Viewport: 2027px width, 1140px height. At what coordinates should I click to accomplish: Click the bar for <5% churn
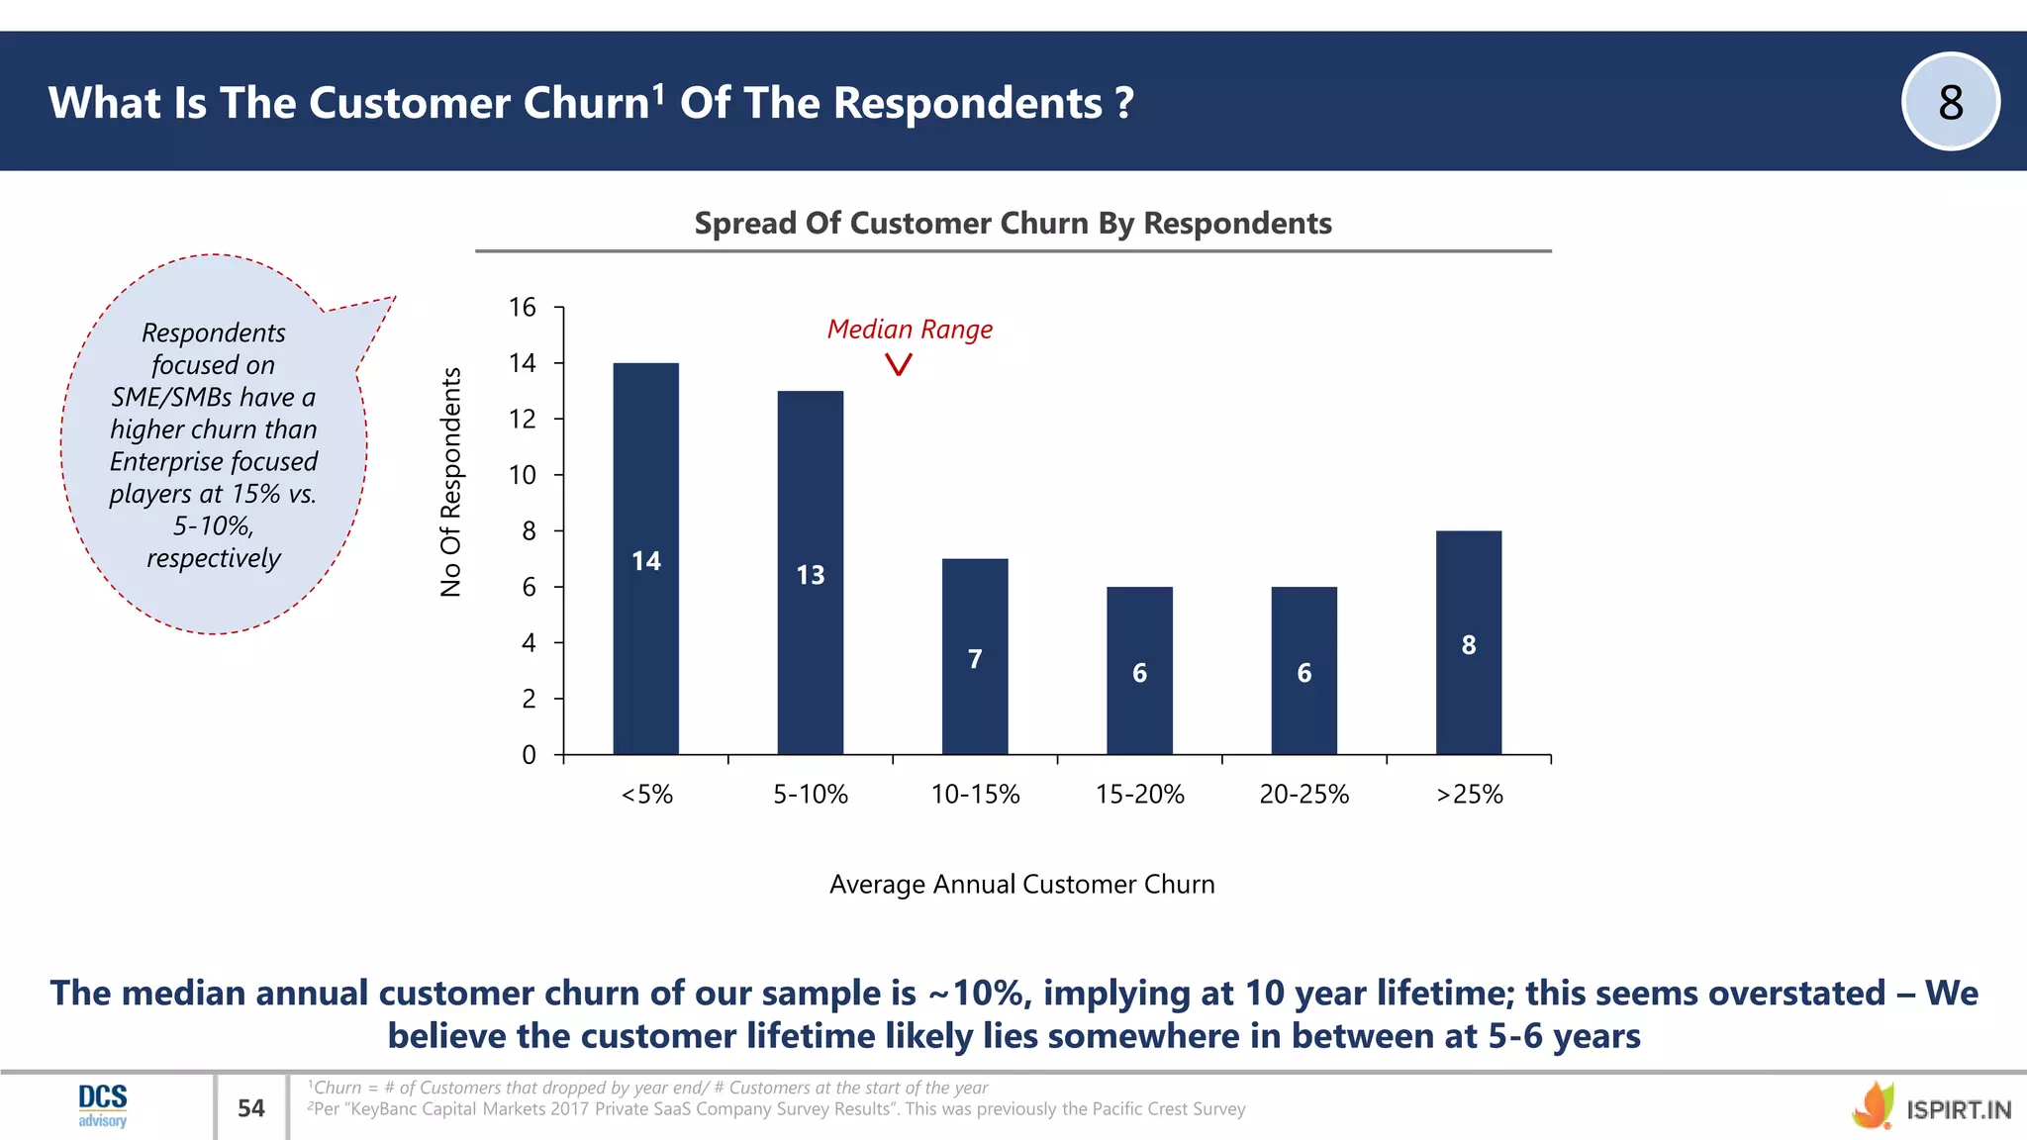coord(645,559)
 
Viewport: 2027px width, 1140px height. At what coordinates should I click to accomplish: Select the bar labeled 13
coord(810,573)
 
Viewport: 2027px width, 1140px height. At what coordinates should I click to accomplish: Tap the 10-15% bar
coord(974,657)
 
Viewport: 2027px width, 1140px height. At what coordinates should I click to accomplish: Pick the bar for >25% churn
coord(1468,643)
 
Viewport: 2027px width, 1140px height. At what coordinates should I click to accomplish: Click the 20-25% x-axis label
coord(1303,795)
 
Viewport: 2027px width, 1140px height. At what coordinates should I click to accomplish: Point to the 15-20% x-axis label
coord(1139,795)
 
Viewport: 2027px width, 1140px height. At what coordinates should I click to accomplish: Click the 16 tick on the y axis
coord(523,308)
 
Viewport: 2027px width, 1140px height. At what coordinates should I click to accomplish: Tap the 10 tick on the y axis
coord(523,475)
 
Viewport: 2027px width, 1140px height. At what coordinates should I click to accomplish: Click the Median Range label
coord(910,330)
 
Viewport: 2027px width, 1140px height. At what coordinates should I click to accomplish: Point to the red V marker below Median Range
coord(898,365)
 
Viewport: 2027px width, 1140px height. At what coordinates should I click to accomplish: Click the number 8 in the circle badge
coord(1950,102)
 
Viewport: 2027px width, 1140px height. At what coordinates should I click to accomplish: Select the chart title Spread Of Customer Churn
coord(1013,224)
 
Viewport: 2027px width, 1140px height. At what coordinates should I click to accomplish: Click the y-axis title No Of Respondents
coord(451,482)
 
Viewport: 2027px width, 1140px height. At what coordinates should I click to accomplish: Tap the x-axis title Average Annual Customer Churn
coord(1021,885)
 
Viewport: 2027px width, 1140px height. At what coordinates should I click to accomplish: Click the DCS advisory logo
coord(103,1104)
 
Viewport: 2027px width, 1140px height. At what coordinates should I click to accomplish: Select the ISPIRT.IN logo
coord(1931,1108)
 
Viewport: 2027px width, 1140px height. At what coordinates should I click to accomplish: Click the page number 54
coord(251,1108)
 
